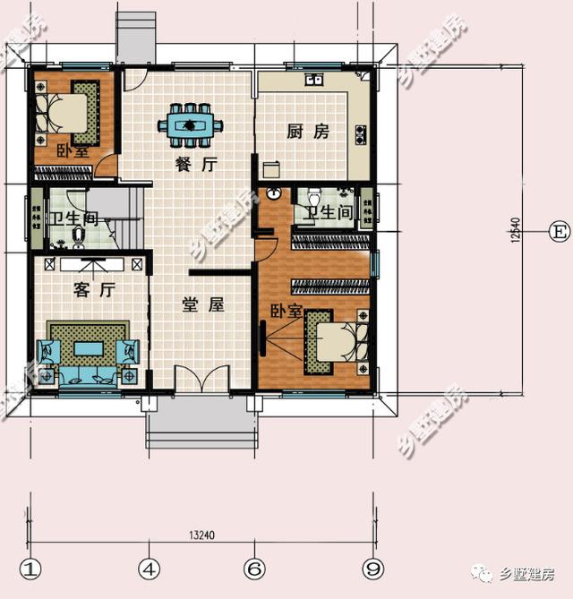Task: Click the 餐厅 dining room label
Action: (197, 164)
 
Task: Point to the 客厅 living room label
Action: (92, 290)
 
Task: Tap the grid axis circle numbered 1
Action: (32, 569)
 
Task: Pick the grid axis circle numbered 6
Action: (255, 569)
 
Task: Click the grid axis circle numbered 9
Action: (373, 569)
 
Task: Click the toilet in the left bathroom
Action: (79, 235)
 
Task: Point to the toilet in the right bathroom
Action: (313, 196)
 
